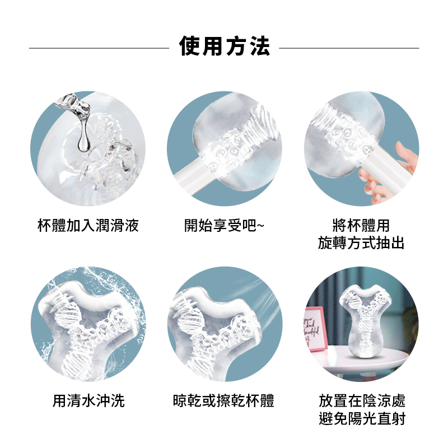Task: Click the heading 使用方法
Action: tap(225, 46)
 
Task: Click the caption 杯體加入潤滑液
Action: tap(88, 226)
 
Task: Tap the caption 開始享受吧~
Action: tap(225, 226)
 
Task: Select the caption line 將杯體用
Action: tap(361, 226)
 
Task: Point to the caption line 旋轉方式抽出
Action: tap(361, 243)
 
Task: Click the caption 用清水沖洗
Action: tap(88, 400)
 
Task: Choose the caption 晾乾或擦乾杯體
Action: tap(223, 400)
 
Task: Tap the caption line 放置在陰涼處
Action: tap(362, 400)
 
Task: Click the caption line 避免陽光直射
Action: tap(362, 418)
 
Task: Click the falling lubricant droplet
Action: tap(83, 141)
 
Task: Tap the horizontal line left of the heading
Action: tap(99, 48)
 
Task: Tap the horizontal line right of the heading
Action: tap(349, 48)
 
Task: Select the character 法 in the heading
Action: tap(260, 46)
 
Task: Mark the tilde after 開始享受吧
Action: tap(260, 226)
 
